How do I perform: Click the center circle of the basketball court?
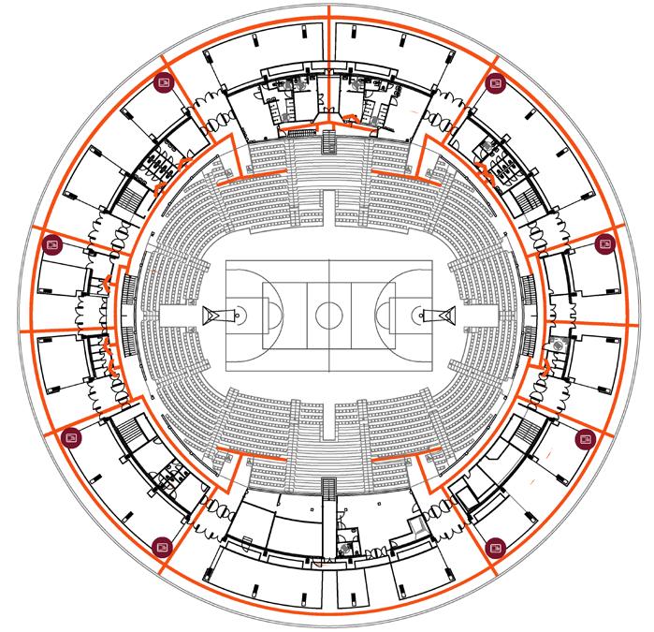coord(328,315)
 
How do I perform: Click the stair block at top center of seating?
coord(327,141)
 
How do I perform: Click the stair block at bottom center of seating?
coord(327,488)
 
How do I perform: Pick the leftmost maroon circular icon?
coord(52,245)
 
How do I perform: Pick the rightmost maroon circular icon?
coord(603,245)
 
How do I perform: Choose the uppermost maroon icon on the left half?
coord(164,82)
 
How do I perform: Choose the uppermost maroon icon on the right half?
coord(494,82)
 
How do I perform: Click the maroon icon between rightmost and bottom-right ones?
coord(585,436)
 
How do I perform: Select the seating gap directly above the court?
coord(327,206)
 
